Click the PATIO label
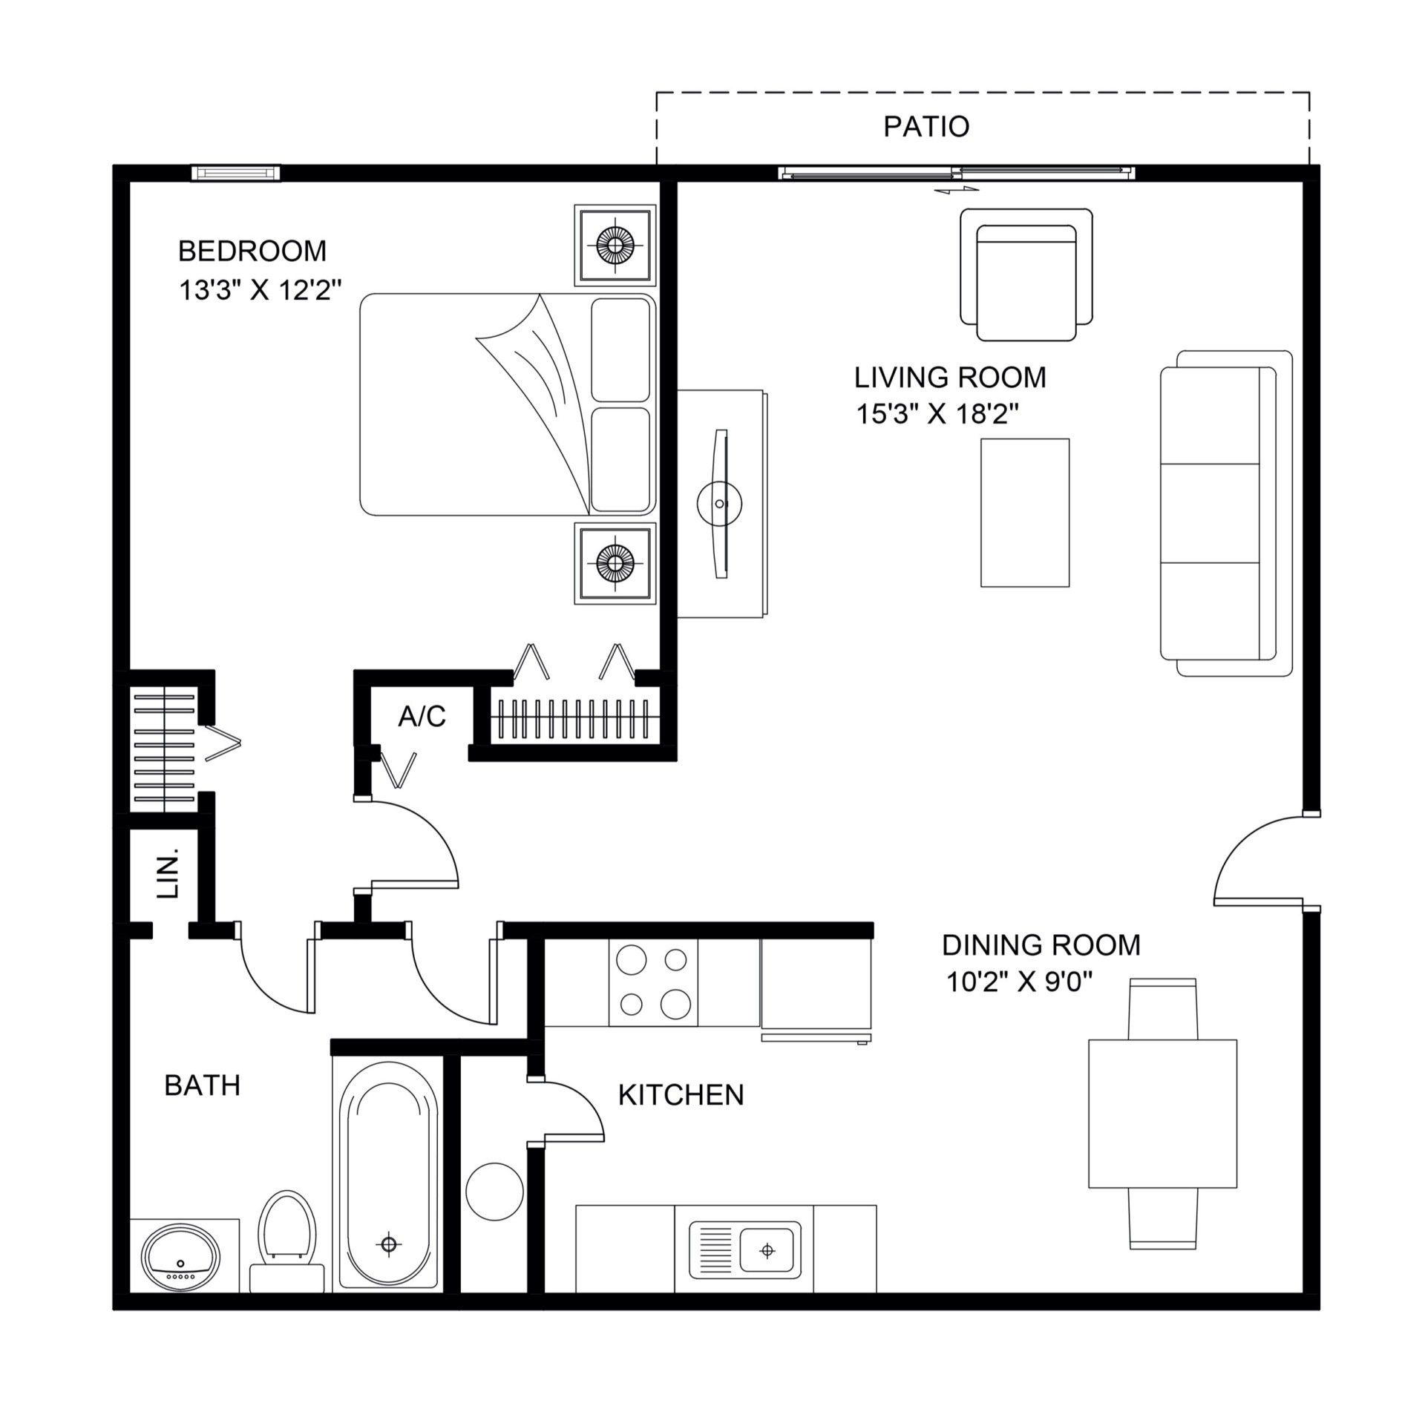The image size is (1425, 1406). coord(926,127)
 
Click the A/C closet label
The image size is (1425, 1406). coord(422,717)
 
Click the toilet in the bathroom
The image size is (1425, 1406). coord(286,1232)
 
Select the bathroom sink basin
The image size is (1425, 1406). coord(181,1258)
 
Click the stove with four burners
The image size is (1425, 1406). coord(653,982)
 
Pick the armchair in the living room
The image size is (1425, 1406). coord(1026,276)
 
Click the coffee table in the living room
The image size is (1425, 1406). coord(1025,513)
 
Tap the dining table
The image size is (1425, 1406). coord(1162,1124)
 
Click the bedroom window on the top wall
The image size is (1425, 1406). coord(236,173)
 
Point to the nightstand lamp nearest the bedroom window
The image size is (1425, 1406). coord(615,244)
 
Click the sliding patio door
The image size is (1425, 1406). coord(957,174)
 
